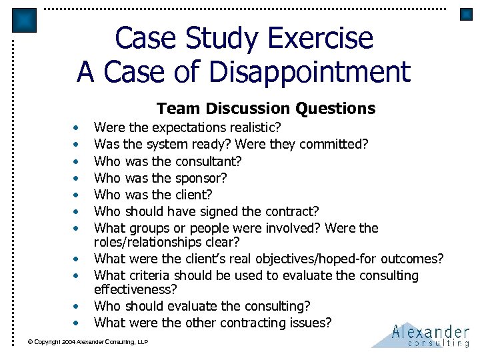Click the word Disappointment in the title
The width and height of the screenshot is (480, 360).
point(300,71)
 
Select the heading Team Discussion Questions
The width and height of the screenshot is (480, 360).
point(266,108)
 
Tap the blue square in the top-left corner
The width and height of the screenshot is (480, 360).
point(24,21)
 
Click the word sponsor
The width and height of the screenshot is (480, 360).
point(201,177)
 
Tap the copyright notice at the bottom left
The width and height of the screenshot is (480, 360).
point(87,343)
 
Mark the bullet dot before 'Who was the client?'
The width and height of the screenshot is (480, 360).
point(77,195)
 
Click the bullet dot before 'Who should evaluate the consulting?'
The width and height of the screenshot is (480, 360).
point(77,307)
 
